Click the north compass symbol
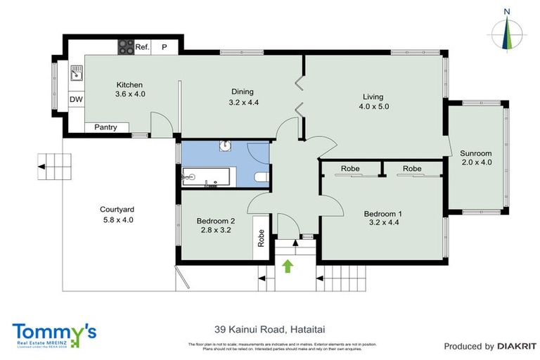507,31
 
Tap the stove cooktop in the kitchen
126,46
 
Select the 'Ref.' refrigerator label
143,47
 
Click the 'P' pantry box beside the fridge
165,47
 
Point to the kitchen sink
76,72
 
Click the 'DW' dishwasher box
76,99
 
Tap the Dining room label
243,91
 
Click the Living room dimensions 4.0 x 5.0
374,107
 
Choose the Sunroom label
476,153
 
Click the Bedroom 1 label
383,214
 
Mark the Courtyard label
117,210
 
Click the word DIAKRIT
517,346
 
